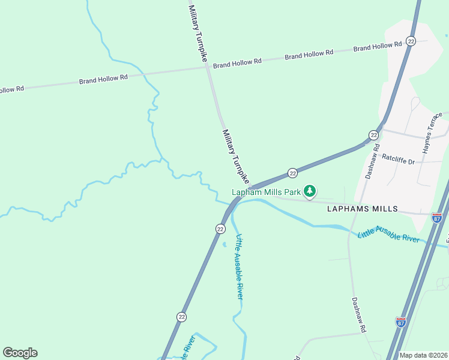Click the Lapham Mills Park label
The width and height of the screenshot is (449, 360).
click(x=266, y=192)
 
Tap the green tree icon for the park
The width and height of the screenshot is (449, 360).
click(x=310, y=191)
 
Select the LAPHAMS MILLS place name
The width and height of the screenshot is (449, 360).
click(x=362, y=209)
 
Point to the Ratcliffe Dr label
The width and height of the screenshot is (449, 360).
click(x=399, y=159)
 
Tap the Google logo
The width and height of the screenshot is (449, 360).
click(x=20, y=353)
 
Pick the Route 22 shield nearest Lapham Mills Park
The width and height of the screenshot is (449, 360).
click(x=292, y=173)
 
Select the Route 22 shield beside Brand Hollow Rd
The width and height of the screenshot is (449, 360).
click(x=411, y=41)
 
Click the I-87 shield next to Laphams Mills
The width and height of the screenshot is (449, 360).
click(x=436, y=217)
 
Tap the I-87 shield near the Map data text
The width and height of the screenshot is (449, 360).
click(x=401, y=322)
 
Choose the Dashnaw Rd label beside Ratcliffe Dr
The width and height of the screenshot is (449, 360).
click(x=372, y=160)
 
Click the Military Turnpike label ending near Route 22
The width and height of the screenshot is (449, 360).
click(x=235, y=156)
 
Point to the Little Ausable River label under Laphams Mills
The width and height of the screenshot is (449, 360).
click(x=388, y=235)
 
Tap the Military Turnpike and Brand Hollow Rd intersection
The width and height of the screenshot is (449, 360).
click(x=208, y=67)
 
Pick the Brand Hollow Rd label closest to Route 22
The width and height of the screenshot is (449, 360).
click(x=378, y=46)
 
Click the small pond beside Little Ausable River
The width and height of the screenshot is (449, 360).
click(x=224, y=244)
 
